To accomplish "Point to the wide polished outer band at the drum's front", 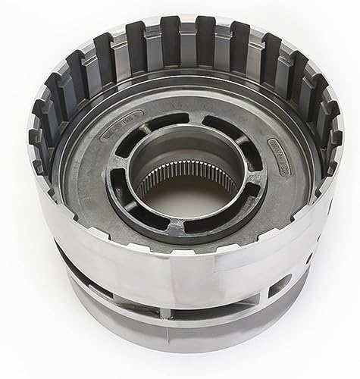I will [x=182, y=280].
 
